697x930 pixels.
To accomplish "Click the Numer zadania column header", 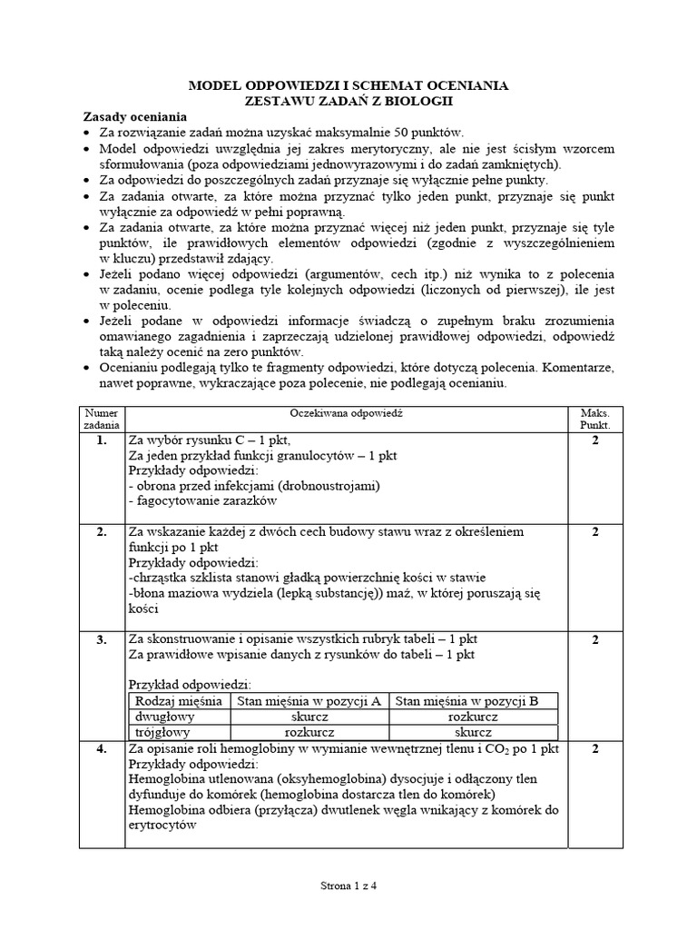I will (101, 418).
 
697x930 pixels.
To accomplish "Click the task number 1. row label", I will (101, 440).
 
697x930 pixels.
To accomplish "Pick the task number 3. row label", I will (101, 640).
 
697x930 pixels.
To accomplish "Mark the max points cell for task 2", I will (594, 532).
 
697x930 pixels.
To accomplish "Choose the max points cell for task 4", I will (594, 749).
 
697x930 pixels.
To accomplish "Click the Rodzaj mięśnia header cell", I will (179, 700).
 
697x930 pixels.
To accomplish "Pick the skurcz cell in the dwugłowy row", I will (309, 716).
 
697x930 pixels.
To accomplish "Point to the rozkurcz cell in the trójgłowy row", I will (309, 731).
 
